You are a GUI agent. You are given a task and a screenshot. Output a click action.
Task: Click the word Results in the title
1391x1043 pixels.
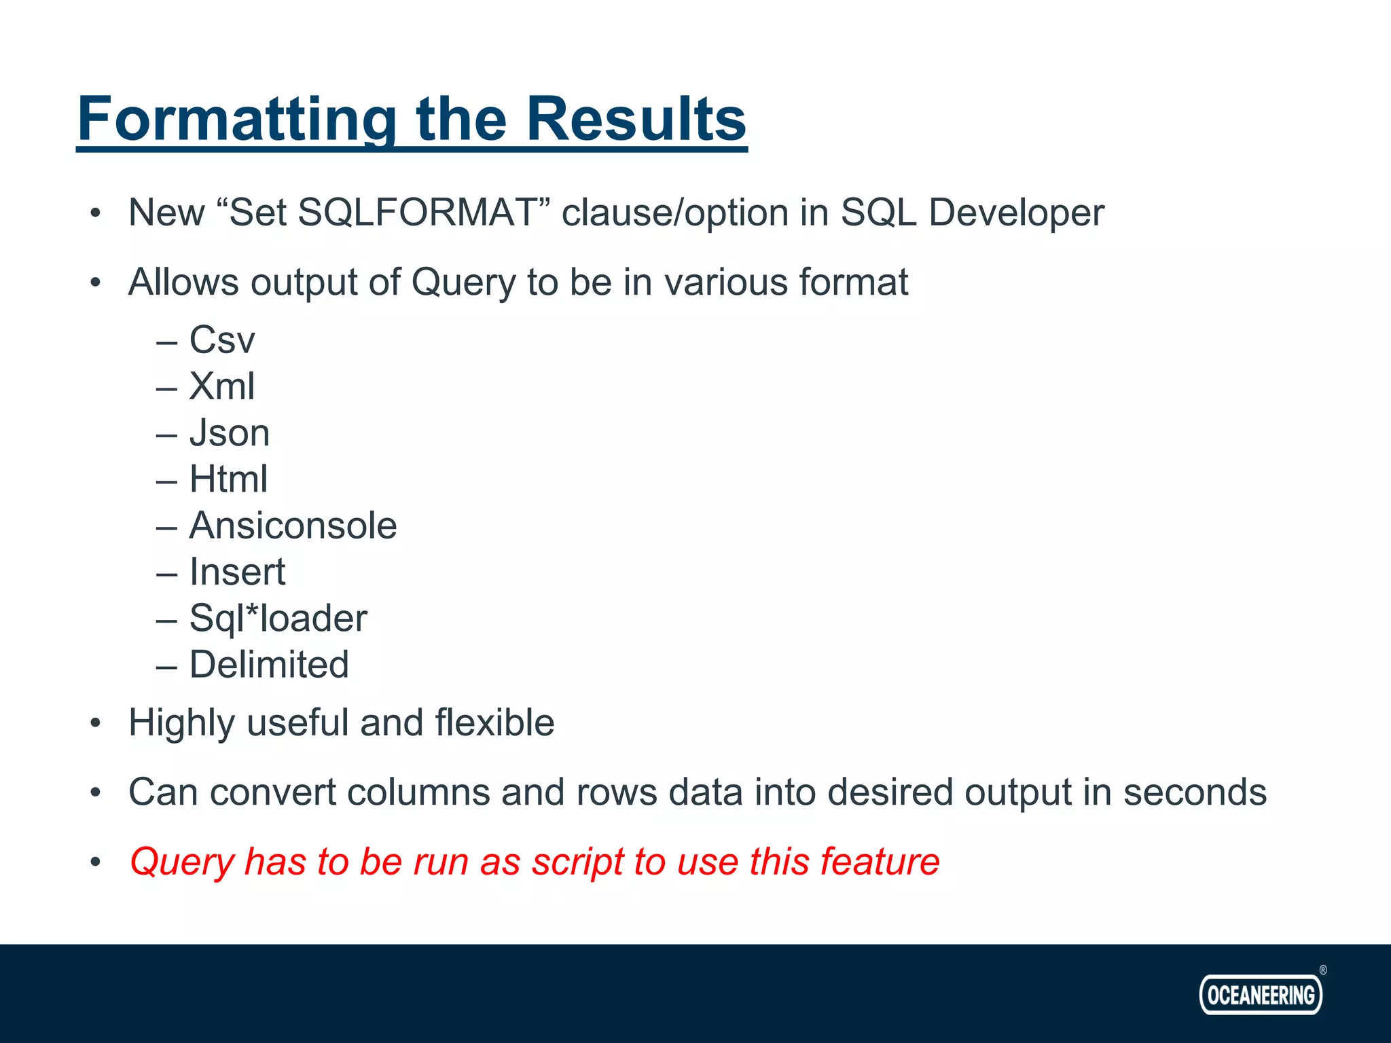click(x=636, y=120)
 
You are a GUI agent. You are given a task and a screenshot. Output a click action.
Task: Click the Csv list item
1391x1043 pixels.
click(x=221, y=340)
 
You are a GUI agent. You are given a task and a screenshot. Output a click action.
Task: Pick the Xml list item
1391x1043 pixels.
click(x=221, y=386)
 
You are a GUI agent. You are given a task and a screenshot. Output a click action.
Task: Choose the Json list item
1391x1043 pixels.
click(x=229, y=433)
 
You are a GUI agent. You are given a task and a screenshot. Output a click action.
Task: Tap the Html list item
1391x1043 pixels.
click(x=228, y=479)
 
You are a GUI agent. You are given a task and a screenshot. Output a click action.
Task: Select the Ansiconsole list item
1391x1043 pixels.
click(x=293, y=526)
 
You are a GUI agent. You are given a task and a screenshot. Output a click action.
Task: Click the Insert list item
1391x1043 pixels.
click(x=236, y=572)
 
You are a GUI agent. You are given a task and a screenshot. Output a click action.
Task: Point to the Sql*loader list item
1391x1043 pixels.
click(x=278, y=619)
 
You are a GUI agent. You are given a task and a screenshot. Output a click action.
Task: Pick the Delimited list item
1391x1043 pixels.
click(x=269, y=665)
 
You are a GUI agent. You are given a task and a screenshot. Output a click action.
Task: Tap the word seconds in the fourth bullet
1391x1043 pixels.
click(x=1195, y=792)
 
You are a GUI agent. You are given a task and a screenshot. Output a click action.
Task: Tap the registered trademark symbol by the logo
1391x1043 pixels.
click(x=1322, y=970)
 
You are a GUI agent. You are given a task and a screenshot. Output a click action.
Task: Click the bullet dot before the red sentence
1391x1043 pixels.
click(x=96, y=862)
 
